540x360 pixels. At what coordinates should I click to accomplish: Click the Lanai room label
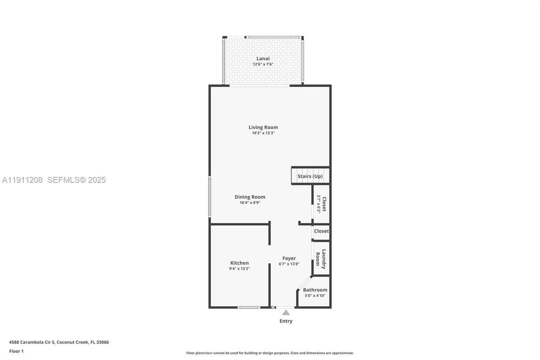pos(263,58)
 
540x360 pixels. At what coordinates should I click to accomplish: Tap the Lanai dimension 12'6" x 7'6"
pos(263,64)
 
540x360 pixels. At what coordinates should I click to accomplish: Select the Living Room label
pos(263,127)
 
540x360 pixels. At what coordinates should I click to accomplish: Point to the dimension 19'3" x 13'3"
pos(263,133)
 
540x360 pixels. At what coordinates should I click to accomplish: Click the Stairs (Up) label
pos(310,176)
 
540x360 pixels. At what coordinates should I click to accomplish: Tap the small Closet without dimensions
pos(321,231)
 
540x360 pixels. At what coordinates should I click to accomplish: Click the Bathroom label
pos(315,290)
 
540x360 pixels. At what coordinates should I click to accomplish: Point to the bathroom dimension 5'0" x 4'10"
pos(315,295)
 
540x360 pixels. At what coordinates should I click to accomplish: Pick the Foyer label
pos(289,258)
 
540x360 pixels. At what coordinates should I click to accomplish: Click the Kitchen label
pos(239,263)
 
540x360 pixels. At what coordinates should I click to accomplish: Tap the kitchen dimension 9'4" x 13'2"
pos(239,268)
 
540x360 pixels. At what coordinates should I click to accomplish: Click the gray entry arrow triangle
pos(286,312)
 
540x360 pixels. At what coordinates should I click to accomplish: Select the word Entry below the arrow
pos(286,321)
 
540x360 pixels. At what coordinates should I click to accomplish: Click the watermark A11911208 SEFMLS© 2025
pos(54,180)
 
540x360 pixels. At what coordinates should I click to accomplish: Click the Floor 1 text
pos(16,351)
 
